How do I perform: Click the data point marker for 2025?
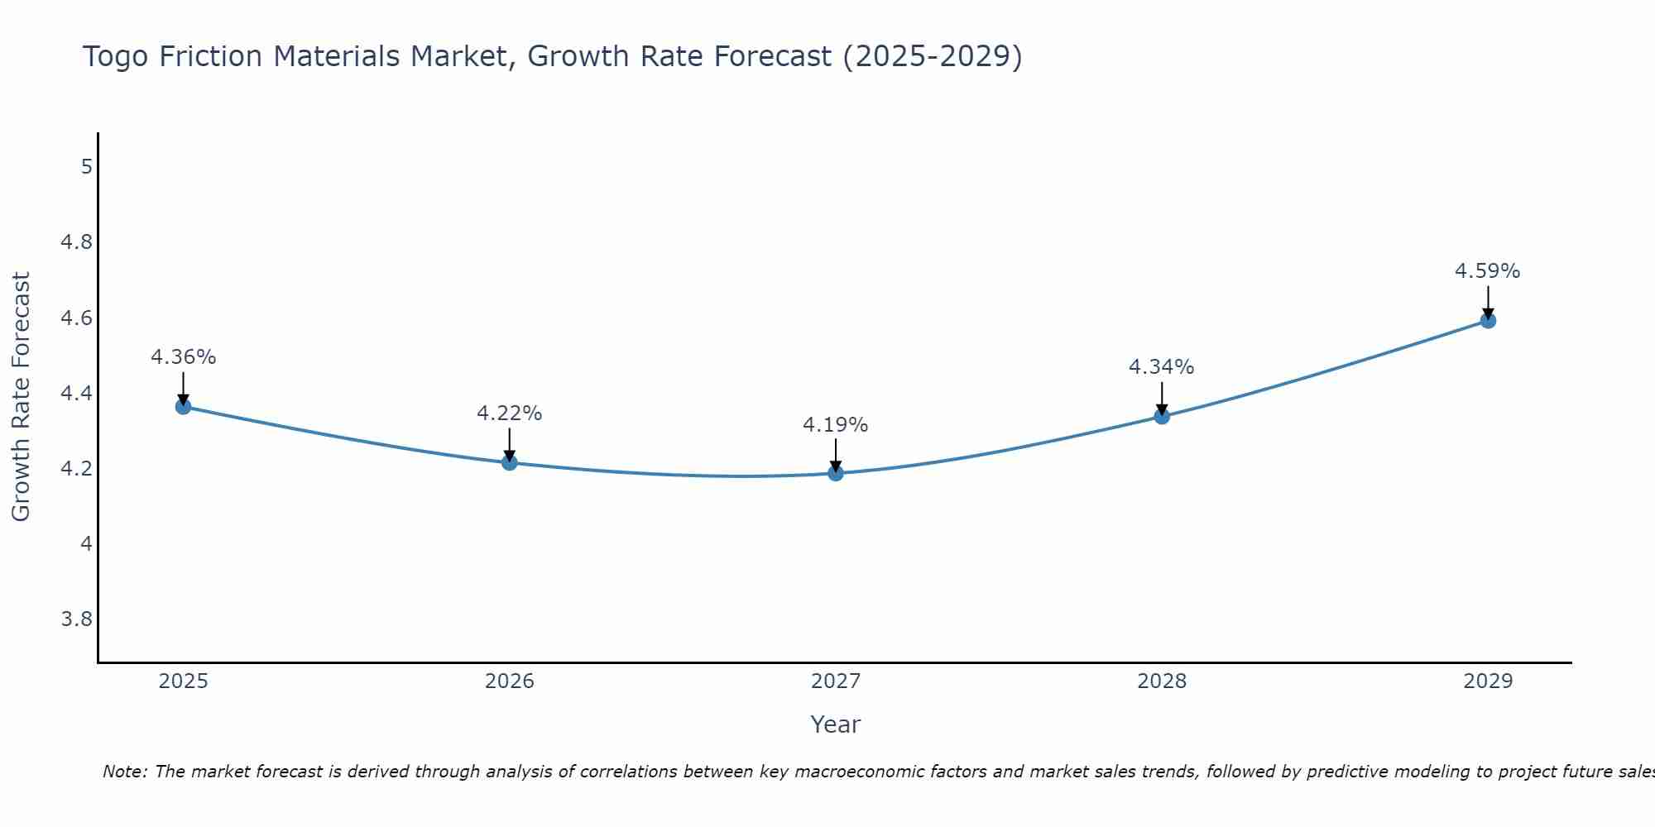[x=184, y=406]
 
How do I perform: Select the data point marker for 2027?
[x=836, y=473]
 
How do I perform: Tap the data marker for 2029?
[x=1488, y=320]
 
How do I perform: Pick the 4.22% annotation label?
[x=509, y=413]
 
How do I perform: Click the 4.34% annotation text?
[x=1161, y=366]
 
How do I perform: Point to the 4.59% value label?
[x=1487, y=271]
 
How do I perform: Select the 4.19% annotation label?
[x=835, y=425]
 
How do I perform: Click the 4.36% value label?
[x=183, y=357]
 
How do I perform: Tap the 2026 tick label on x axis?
[x=509, y=681]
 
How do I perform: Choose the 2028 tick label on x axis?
[x=1161, y=681]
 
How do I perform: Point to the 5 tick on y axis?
[x=86, y=167]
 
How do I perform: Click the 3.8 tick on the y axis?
[x=77, y=619]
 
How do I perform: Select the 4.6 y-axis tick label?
[x=77, y=318]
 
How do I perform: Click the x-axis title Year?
[x=835, y=724]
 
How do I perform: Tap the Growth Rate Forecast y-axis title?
[x=21, y=397]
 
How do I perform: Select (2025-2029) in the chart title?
[x=932, y=57]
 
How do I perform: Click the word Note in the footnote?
[x=124, y=772]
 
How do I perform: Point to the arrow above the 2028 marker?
[x=1162, y=397]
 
